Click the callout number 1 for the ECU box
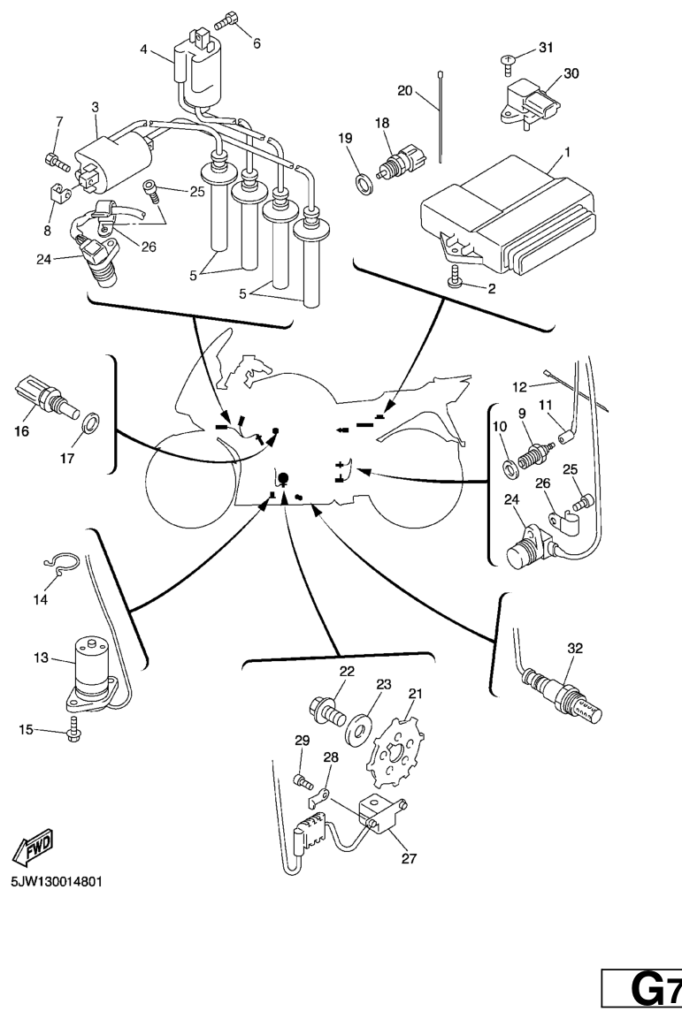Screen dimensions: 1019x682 (566, 152)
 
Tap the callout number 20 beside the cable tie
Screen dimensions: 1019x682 (405, 90)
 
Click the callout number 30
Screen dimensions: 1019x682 (571, 74)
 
